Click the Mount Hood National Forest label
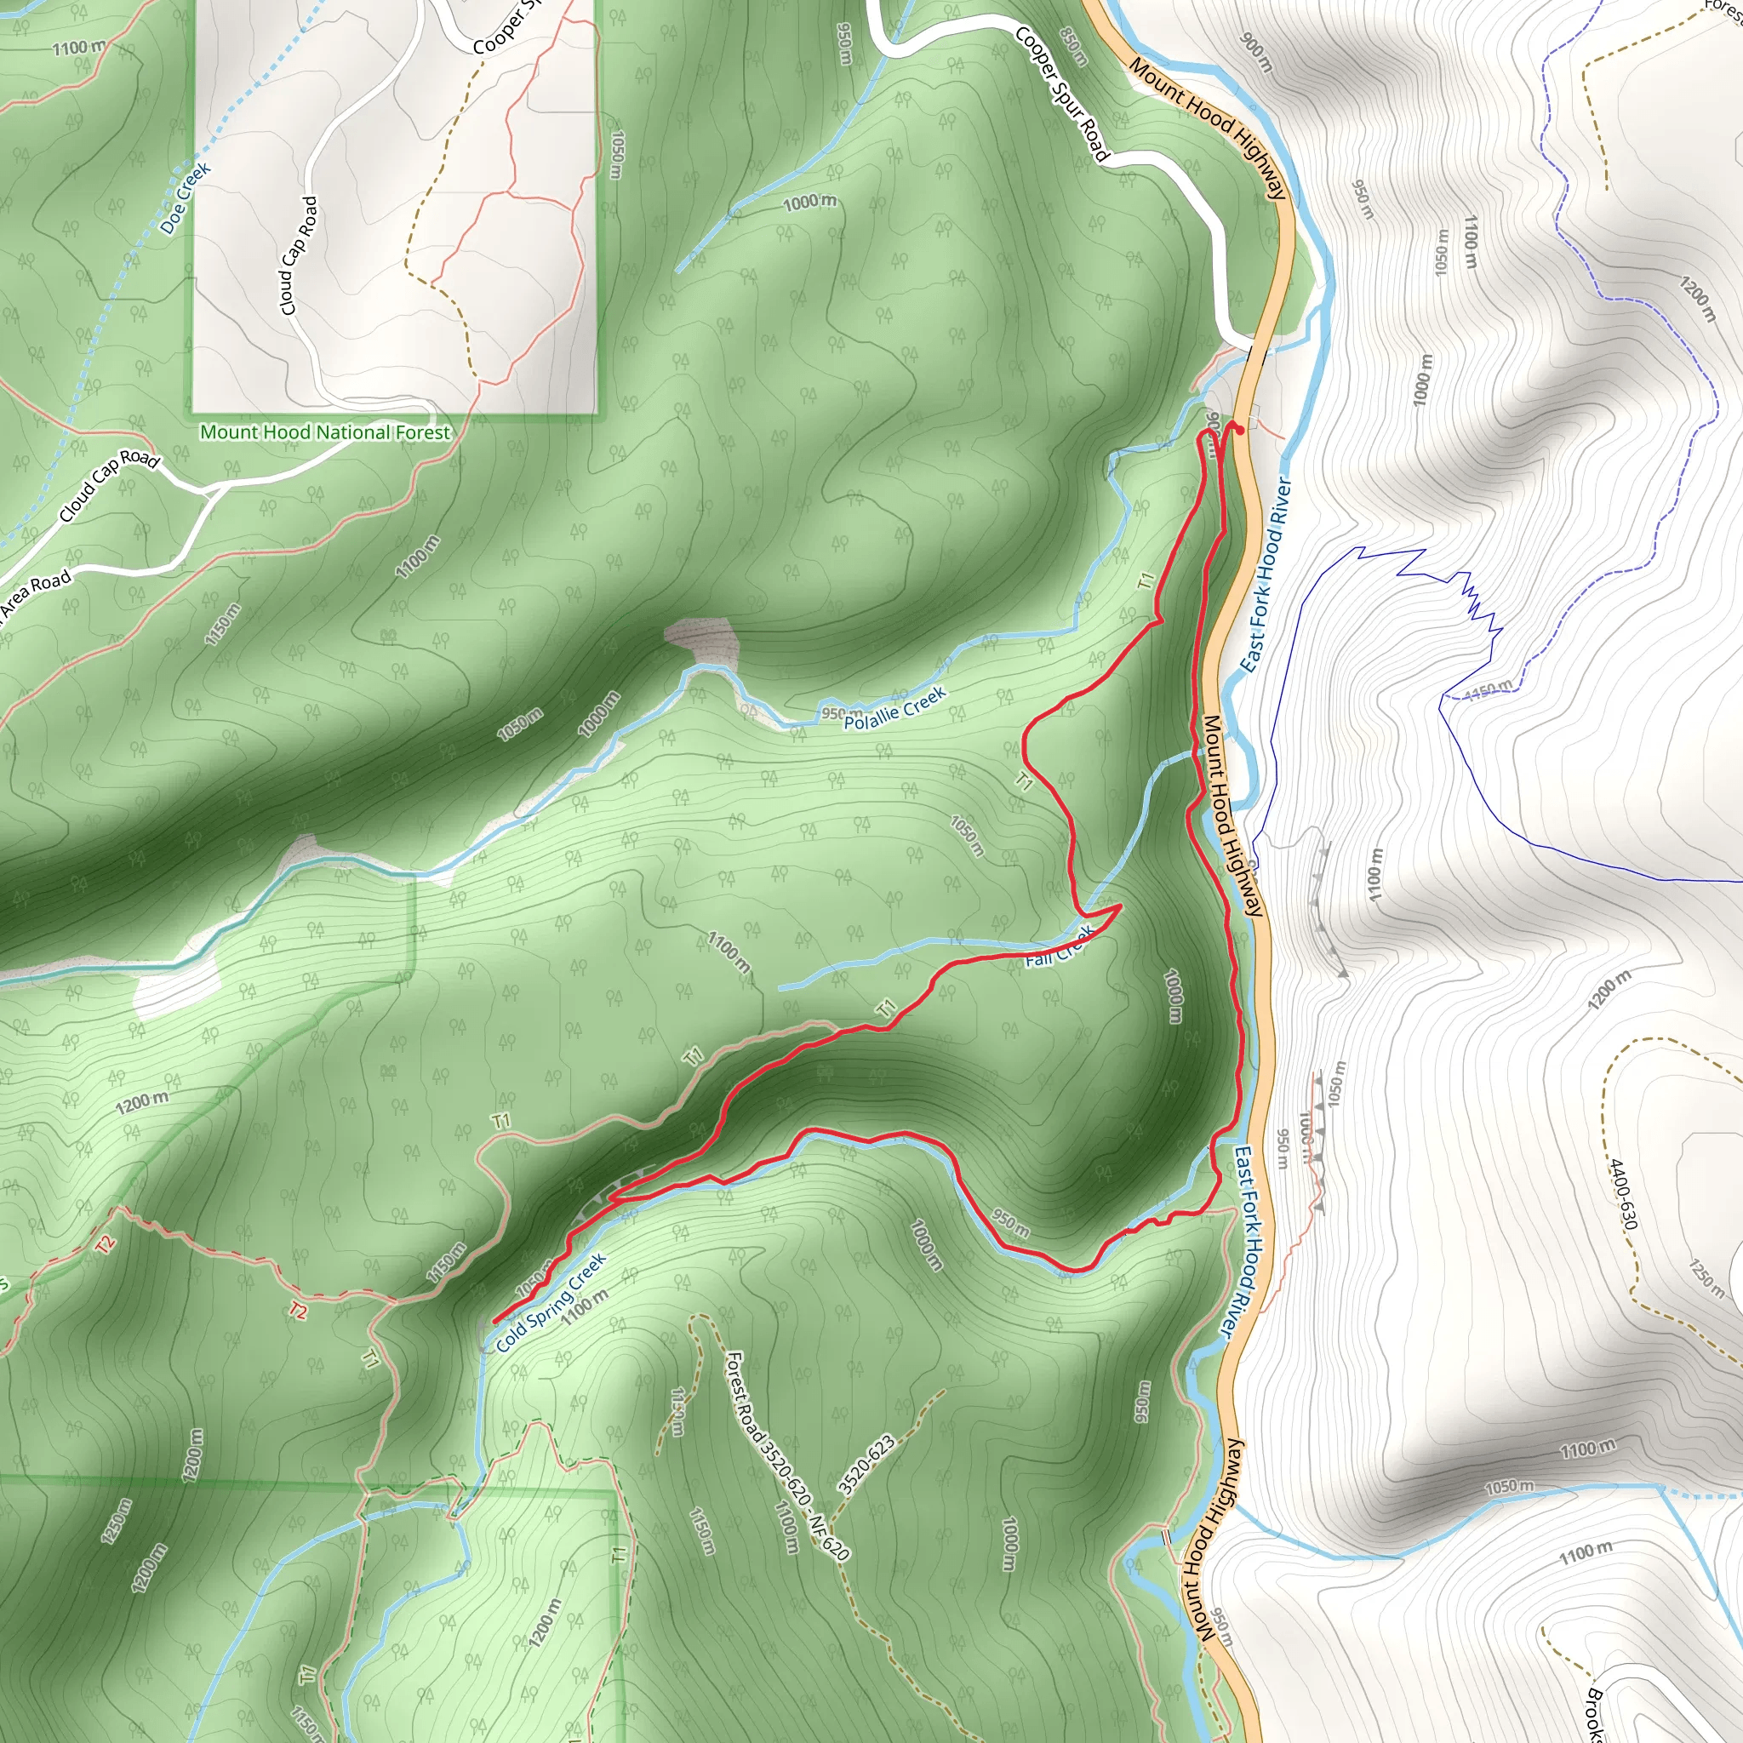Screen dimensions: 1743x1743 pos(325,432)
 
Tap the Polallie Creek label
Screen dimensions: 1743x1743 pos(895,707)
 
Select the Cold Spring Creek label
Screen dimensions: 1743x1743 pos(551,1303)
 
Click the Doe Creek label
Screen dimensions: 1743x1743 pos(186,197)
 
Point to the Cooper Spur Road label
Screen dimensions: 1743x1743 pos(1061,94)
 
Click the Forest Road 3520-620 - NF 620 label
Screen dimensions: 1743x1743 pos(787,1455)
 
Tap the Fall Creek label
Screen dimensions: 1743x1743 pos(1060,946)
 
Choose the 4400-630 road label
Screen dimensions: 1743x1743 pos(1622,1194)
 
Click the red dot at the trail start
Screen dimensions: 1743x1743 pos(1241,431)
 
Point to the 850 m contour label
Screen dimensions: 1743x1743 pos(1073,46)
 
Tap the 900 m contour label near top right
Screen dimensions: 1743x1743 pos(1257,54)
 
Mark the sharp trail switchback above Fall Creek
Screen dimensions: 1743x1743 pos(1120,905)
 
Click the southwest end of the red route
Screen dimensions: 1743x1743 pos(495,1323)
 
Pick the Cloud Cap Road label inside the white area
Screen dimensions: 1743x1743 pos(300,256)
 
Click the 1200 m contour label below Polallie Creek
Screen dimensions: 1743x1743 pos(142,1103)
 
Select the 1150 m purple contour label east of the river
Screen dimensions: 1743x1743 pos(1489,691)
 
